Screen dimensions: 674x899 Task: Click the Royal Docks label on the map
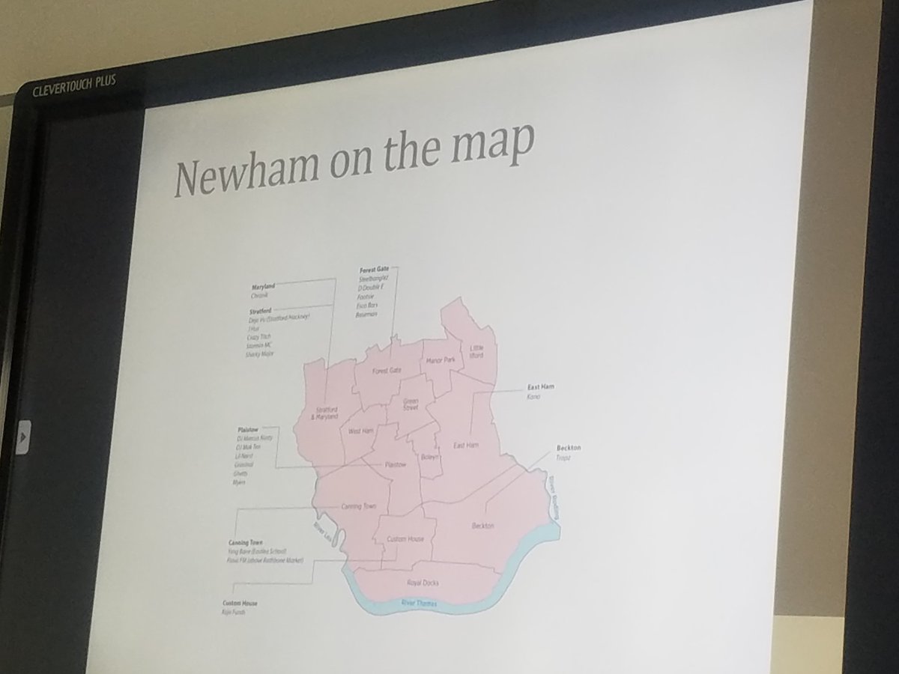click(423, 583)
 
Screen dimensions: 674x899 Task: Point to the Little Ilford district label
click(476, 352)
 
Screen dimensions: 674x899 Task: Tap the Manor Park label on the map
click(440, 360)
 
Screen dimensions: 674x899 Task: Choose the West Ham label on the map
click(360, 431)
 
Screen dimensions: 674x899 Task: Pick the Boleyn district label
click(429, 455)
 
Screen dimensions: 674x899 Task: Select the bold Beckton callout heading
click(568, 447)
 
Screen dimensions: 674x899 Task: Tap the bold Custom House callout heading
click(240, 603)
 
